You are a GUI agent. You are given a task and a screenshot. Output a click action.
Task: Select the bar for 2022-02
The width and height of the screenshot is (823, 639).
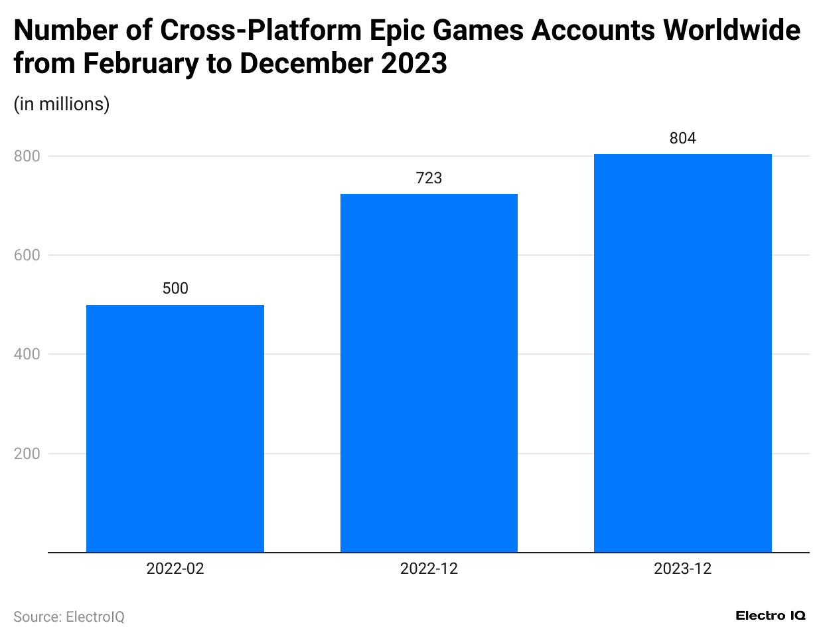coord(175,428)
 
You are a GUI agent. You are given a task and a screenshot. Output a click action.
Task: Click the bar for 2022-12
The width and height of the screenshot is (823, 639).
coord(429,373)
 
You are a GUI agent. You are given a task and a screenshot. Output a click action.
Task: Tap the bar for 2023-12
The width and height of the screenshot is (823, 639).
coord(682,353)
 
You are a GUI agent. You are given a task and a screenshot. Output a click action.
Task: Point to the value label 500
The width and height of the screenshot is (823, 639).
coord(175,288)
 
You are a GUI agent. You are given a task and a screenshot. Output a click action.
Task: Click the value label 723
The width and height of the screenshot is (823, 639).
coord(429,178)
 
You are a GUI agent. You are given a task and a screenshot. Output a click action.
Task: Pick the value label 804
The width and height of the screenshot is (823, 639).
coord(682,138)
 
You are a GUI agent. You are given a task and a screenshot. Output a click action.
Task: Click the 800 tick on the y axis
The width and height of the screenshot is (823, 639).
coord(27,156)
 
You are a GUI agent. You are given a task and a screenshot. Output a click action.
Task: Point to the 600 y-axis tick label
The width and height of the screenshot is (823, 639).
coord(27,255)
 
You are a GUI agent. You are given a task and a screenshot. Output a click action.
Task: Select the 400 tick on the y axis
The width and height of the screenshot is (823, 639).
coord(27,354)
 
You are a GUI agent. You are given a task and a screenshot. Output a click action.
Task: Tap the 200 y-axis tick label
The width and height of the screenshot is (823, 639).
coord(27,454)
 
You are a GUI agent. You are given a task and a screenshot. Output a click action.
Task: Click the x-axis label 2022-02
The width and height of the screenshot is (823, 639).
coord(175,569)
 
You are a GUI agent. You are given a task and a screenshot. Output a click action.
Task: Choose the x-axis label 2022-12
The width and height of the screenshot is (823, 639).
coord(429,569)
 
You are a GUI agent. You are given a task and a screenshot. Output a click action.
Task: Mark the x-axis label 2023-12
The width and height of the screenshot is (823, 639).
coord(682,569)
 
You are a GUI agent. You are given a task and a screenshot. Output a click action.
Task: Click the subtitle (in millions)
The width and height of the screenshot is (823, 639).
coord(62,104)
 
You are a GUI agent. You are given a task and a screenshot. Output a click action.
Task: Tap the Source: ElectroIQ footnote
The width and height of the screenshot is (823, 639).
coord(69,617)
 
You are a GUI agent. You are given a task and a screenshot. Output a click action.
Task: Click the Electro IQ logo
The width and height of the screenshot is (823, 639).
coord(771,616)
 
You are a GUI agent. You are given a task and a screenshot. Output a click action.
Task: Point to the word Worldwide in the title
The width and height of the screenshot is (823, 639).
coord(732,31)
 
